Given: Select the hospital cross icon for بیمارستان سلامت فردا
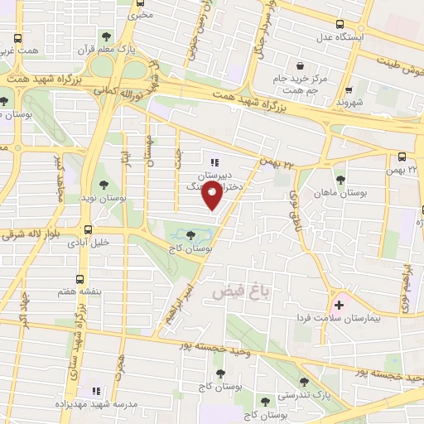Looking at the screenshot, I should (x=338, y=305).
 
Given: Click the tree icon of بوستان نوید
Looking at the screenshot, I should (x=104, y=185).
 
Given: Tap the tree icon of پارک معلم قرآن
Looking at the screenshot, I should (x=105, y=36).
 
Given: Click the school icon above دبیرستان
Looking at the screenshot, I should (x=215, y=162).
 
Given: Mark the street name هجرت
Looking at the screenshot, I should (x=122, y=364).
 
